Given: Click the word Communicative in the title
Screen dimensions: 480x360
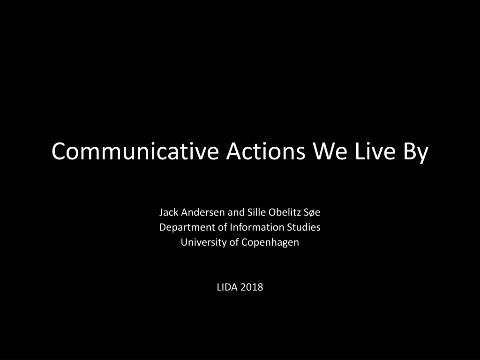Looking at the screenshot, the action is pos(135,151).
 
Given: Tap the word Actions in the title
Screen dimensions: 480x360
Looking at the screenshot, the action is pos(266,151).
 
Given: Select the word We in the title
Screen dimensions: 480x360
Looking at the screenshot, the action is pos(330,151).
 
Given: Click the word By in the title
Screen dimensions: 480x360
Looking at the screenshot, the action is pos(416,153).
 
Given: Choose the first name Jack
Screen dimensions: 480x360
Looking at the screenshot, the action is pos(169,212).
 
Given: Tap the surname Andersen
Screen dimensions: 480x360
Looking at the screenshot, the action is pos(203,212).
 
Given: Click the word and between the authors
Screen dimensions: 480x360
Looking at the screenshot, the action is pos(236,212).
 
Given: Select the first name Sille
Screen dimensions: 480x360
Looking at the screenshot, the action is pos(256,212).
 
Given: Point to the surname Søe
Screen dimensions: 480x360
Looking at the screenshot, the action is pos(312,212).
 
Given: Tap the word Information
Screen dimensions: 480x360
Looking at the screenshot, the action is pos(257,227).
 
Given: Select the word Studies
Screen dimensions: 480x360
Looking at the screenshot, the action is pos(304,227).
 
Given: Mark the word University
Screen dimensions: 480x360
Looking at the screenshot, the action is pos(204,242).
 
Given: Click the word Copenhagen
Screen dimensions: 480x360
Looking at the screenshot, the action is pos(270,243).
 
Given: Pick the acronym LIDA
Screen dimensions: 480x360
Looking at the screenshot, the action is pos(227,287).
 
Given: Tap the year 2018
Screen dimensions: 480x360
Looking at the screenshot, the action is pos(252,287).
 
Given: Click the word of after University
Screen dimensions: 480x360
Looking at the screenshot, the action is pos(234,242).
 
